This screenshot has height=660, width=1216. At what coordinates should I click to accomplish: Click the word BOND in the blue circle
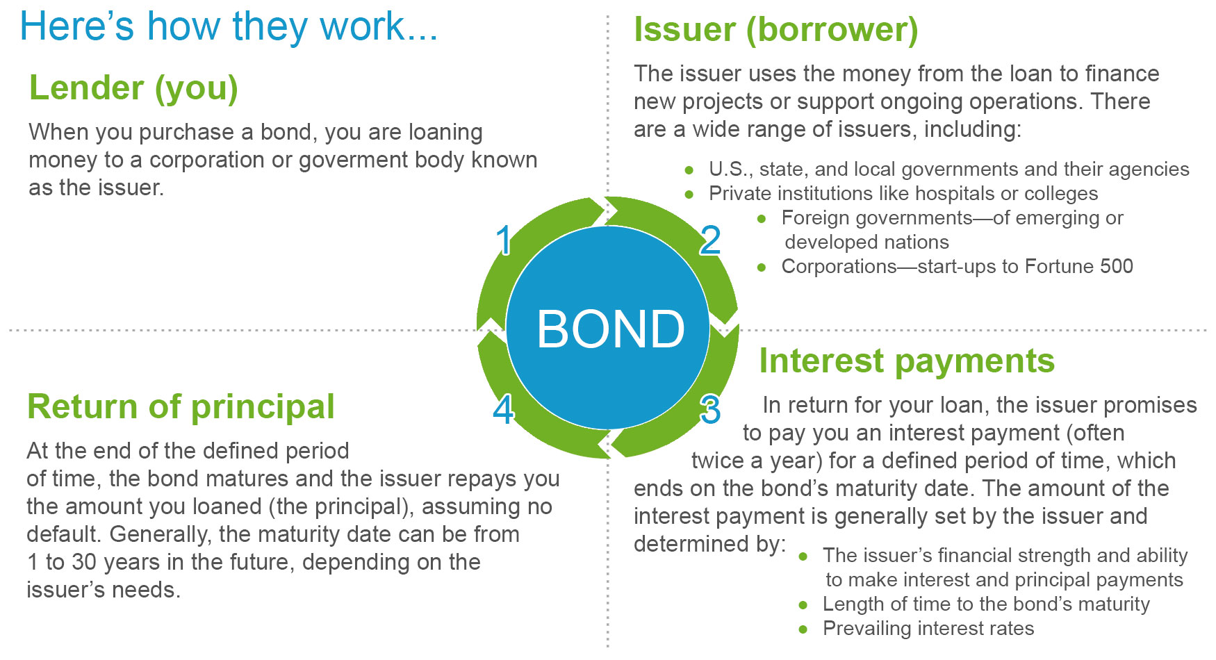coord(611,329)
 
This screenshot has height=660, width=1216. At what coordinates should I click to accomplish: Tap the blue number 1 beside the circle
coord(504,240)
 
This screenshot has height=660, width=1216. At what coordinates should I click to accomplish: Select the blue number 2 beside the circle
coord(710,240)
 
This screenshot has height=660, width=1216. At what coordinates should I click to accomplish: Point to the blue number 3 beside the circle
coord(710,410)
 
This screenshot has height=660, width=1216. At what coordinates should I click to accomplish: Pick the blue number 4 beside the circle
coord(504,410)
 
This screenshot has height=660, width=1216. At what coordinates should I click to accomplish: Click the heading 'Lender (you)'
coord(133,88)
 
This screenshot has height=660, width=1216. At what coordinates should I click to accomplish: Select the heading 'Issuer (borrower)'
coord(775,30)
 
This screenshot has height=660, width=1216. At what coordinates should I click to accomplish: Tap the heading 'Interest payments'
coord(907,361)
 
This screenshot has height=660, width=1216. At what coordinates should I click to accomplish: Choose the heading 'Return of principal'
coord(181,407)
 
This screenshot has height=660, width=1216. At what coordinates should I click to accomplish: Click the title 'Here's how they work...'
coord(229,27)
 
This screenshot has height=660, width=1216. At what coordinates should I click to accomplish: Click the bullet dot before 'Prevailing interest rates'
coord(803,629)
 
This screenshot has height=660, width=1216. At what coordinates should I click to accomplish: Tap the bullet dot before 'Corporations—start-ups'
coord(762,267)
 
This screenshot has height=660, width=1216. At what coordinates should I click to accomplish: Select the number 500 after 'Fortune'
coord(1117,266)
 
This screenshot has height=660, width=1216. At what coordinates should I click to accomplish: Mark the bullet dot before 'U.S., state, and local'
coord(689,170)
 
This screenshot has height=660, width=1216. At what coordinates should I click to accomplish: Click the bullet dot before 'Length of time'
coord(803,605)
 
